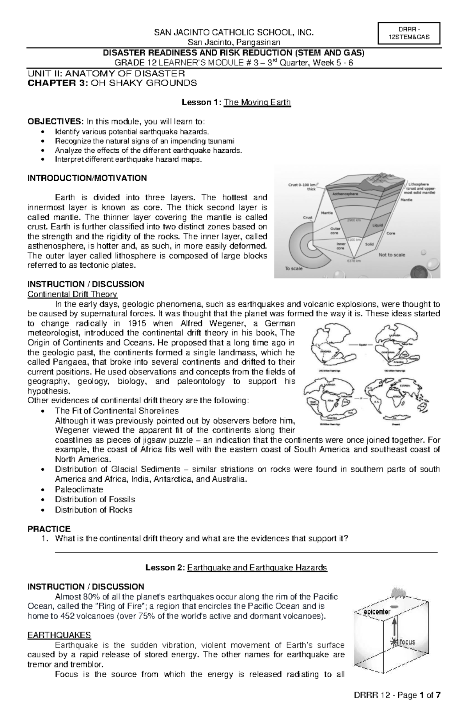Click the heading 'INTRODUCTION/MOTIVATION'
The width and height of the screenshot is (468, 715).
point(87,178)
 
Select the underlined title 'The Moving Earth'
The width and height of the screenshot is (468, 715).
point(257,102)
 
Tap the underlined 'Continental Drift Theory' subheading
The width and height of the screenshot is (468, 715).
point(72,294)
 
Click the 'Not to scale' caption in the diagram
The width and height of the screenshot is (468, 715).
point(392,255)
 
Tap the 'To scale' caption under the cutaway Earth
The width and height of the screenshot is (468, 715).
point(294,268)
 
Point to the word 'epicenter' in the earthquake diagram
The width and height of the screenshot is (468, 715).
point(377,612)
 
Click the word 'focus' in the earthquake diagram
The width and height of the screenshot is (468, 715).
point(406,642)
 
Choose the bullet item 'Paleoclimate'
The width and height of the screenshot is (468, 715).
point(79,489)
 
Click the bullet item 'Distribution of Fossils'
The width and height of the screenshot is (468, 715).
point(95,500)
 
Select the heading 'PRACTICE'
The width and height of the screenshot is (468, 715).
point(49,529)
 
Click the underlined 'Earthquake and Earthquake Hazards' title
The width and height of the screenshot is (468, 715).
point(257,568)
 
